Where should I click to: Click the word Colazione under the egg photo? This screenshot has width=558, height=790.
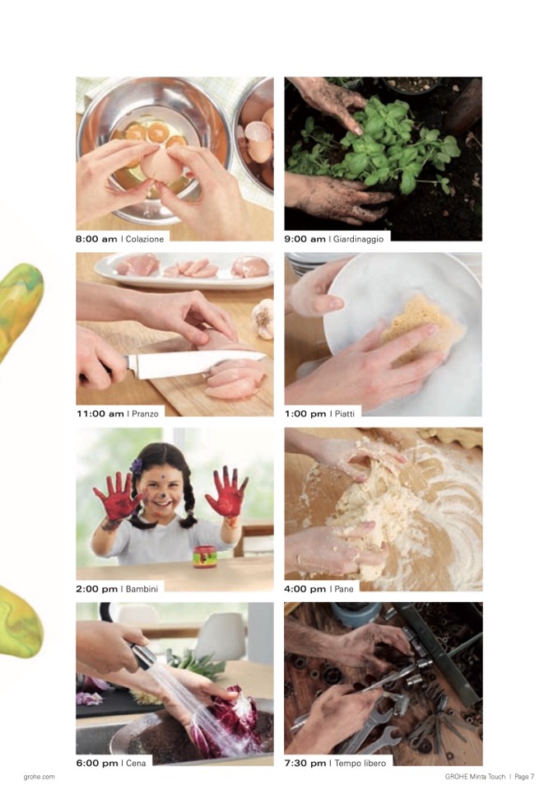tap(144, 239)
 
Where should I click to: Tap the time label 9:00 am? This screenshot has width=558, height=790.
tap(305, 239)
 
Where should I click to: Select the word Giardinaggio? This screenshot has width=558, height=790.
tap(358, 239)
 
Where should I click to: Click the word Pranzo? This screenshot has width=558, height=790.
tap(145, 414)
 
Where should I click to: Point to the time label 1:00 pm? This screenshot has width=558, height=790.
tap(305, 414)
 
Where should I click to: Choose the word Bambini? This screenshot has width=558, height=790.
tap(142, 588)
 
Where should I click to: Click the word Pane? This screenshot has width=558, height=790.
tap(344, 588)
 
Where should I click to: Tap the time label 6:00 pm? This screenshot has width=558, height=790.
tap(97, 763)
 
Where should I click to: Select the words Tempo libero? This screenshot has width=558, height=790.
tap(360, 763)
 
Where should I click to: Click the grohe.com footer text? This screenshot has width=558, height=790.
tap(39, 777)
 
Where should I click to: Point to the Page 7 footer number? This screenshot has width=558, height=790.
tap(524, 777)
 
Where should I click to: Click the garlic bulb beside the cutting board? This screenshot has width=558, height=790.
tap(263, 319)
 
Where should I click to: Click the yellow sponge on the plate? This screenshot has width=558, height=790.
tap(421, 326)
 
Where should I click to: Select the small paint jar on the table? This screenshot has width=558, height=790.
tap(205, 556)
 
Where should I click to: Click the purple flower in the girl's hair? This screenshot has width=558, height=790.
tap(136, 465)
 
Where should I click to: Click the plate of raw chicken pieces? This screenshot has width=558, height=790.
tap(184, 269)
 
